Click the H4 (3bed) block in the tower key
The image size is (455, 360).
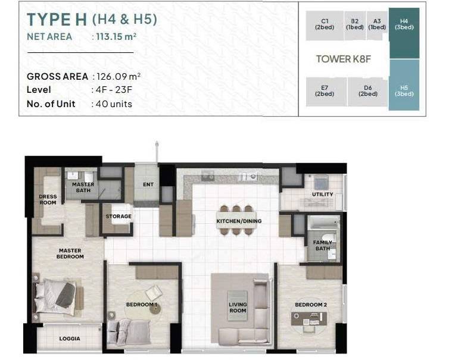click(404, 33)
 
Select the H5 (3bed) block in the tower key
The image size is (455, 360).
click(404, 85)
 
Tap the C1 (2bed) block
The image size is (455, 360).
click(325, 26)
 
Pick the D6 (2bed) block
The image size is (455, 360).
click(367, 92)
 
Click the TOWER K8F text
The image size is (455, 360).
click(343, 59)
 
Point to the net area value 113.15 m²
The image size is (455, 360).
click(116, 36)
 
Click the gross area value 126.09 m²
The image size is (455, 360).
click(119, 77)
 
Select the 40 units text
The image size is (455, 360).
click(114, 104)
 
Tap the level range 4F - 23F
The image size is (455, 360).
click(114, 90)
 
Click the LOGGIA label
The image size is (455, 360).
click(70, 339)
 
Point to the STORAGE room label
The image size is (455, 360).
click(119, 216)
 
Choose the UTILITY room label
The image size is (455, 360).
click(322, 194)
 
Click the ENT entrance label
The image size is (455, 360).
click(148, 184)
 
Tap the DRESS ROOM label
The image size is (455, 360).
click(48, 199)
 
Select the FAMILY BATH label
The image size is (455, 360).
click(323, 246)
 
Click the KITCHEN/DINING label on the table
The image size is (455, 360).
click(239, 221)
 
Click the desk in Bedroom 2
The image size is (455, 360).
click(309, 319)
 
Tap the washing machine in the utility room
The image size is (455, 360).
click(321, 182)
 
